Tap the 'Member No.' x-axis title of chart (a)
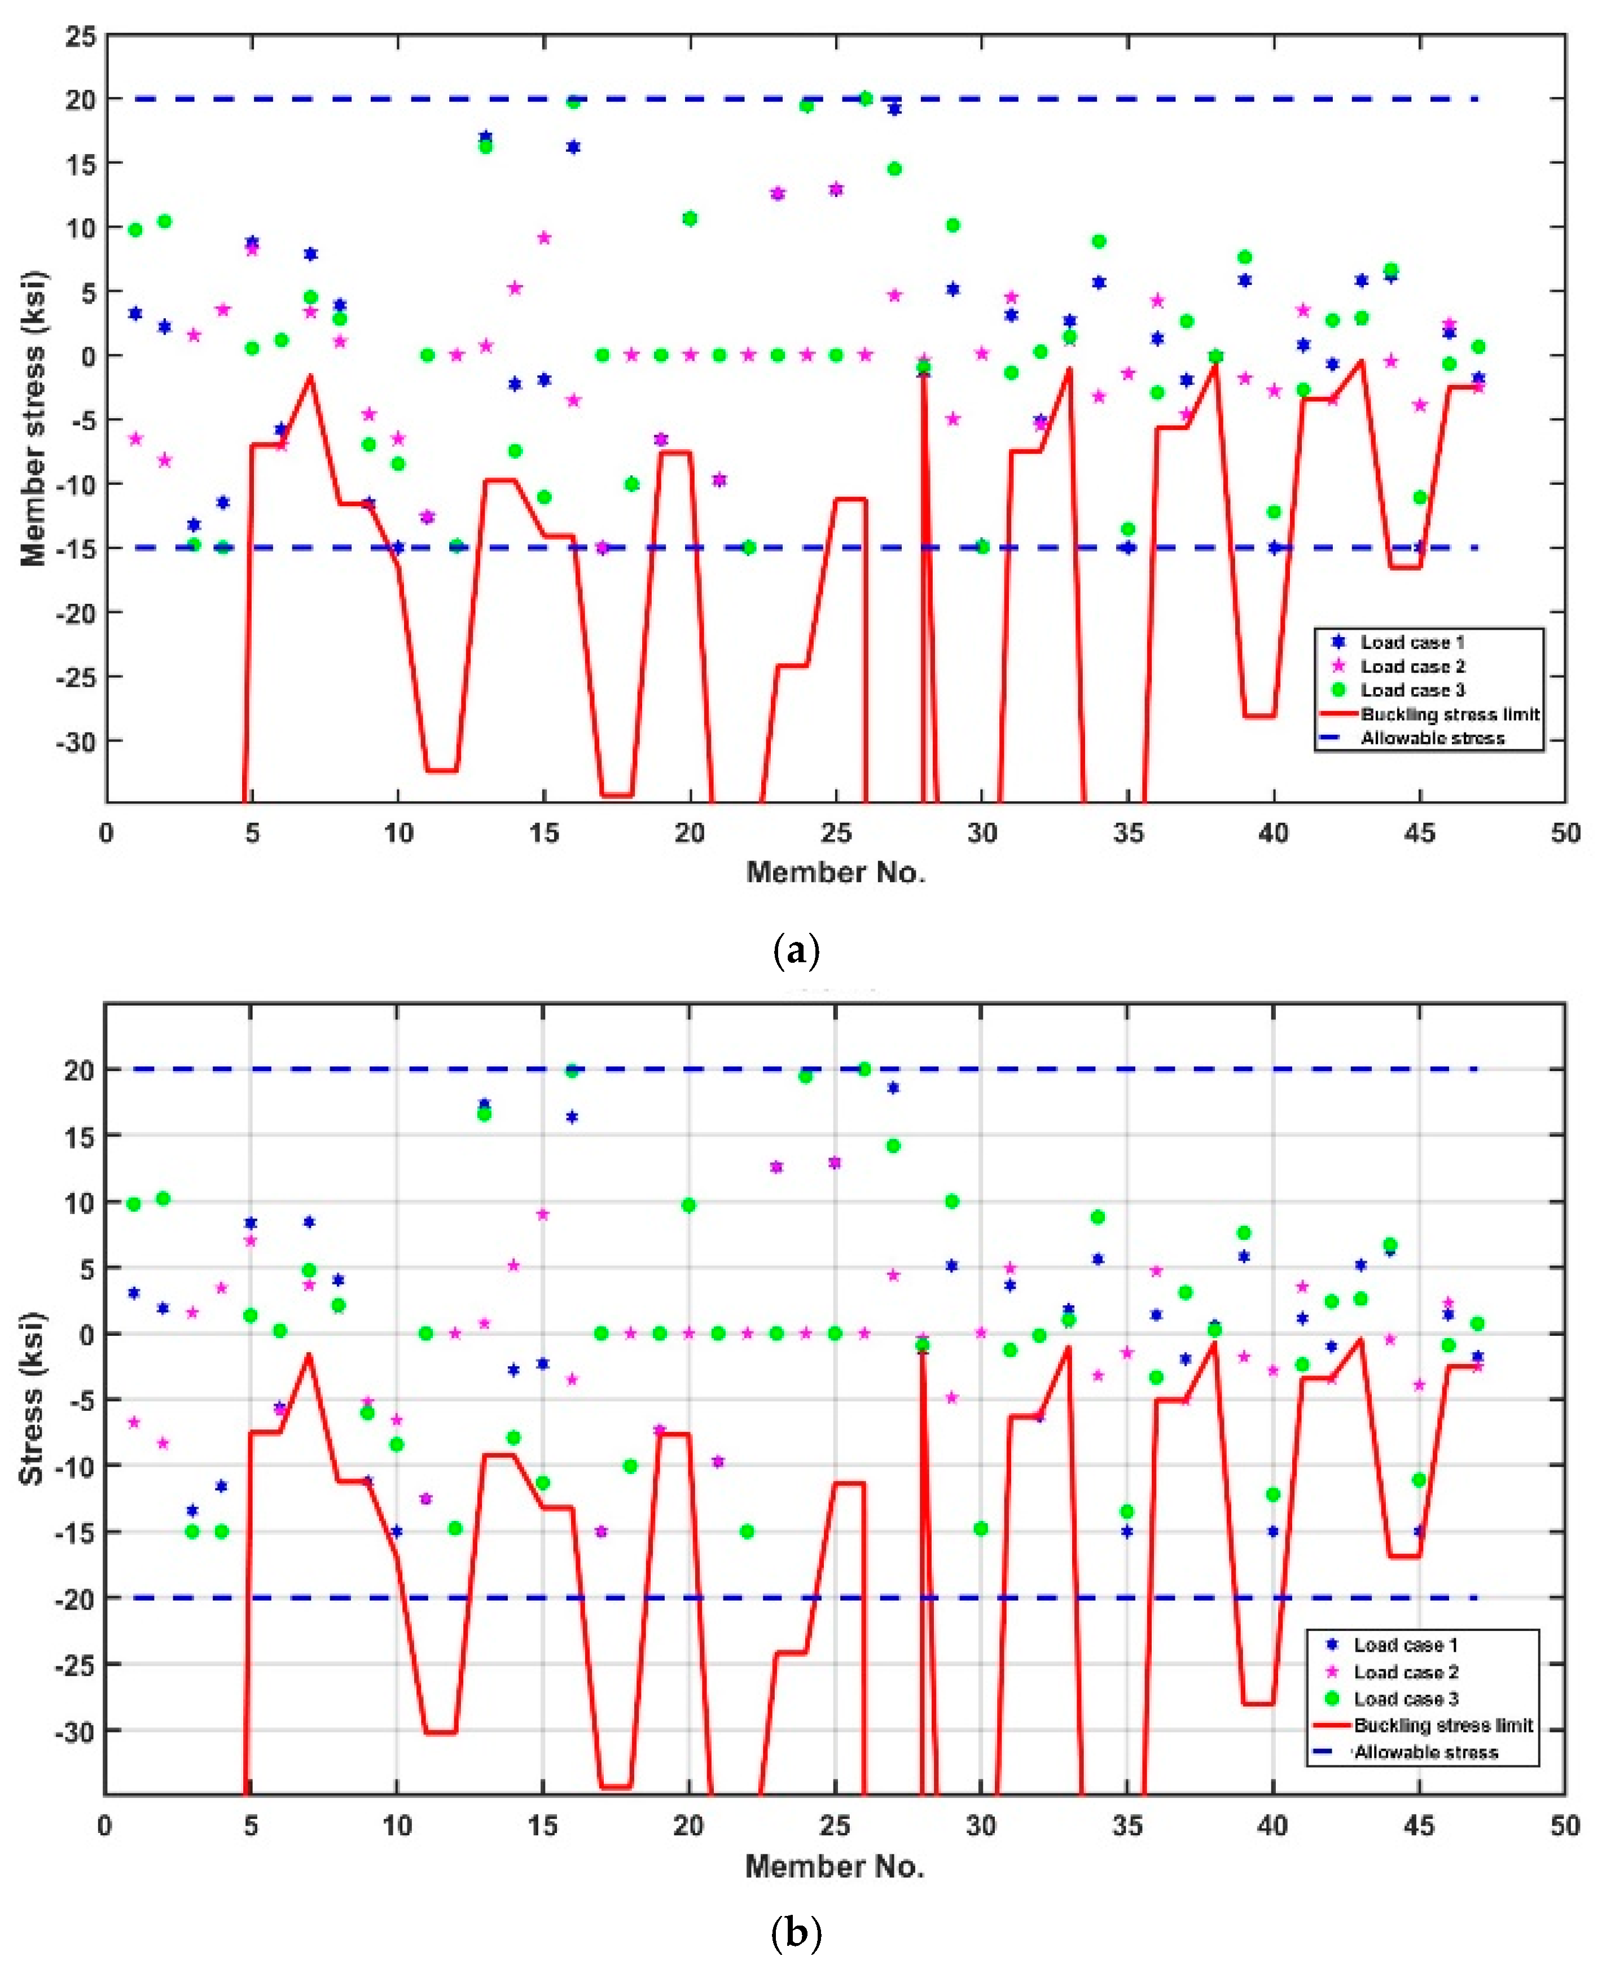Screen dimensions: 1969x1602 point(835,872)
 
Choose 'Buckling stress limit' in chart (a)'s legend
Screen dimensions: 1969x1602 point(1450,714)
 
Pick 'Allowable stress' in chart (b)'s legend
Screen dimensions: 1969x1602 point(1426,1752)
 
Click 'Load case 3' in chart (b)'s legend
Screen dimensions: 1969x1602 point(1406,1699)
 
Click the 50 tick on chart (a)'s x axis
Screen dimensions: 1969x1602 point(1565,833)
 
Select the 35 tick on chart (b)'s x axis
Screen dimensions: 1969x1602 point(1127,1826)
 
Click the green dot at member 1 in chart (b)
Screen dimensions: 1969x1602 point(134,1204)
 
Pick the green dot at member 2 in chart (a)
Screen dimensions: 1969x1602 point(164,221)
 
